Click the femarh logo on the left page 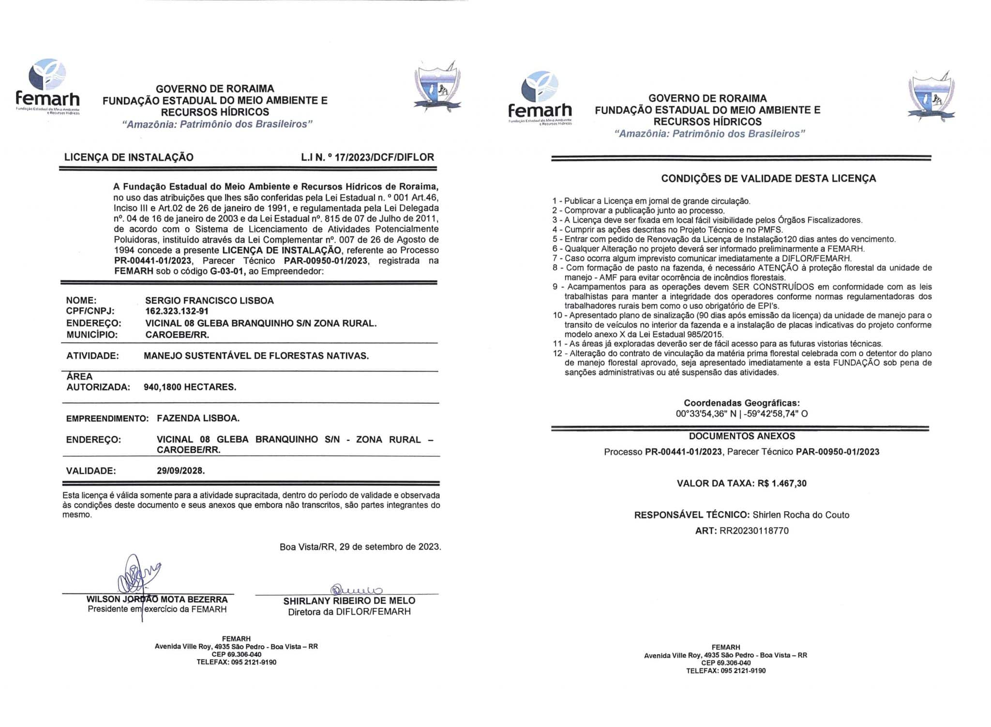[47, 87]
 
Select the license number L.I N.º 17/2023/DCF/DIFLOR [367, 157]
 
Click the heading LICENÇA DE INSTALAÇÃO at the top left [129, 157]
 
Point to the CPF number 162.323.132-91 [177, 311]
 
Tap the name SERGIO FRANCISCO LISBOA [210, 301]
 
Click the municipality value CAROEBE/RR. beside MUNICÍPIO [177, 334]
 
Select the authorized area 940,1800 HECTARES [190, 387]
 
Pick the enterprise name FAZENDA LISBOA [198, 418]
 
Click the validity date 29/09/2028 [180, 470]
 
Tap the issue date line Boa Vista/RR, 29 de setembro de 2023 [360, 547]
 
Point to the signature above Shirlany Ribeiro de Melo [356, 590]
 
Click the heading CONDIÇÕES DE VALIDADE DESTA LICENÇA [768, 179]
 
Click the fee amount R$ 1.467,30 [782, 483]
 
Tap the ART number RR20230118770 [754, 530]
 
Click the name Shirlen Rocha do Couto [801, 515]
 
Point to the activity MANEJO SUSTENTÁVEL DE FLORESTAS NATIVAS [256, 356]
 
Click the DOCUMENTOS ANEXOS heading [742, 436]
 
